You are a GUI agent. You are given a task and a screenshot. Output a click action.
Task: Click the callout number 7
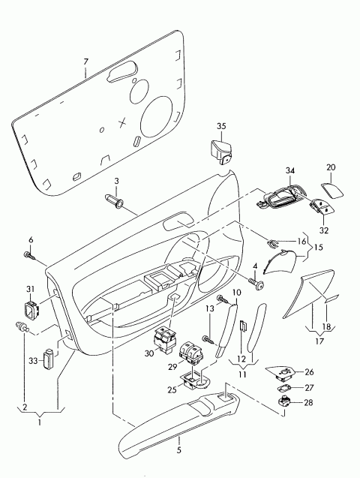(x=85, y=61)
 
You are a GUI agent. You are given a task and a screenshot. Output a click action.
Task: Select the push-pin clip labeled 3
(x=115, y=200)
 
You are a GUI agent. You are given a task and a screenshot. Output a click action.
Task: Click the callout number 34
(x=291, y=171)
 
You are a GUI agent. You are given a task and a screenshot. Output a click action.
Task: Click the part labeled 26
(x=283, y=371)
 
